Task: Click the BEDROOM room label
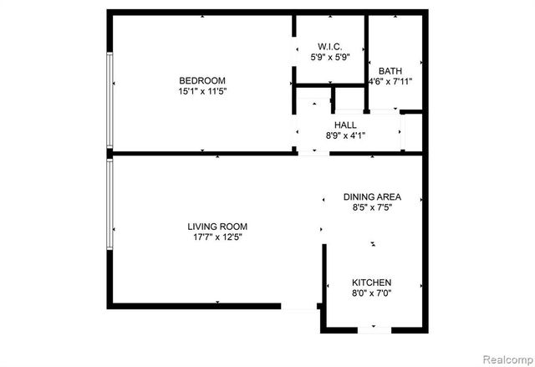pyautogui.click(x=202, y=80)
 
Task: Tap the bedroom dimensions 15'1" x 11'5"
pyautogui.click(x=202, y=91)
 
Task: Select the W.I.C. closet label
pyautogui.click(x=330, y=46)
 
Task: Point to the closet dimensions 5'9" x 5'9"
pyautogui.click(x=330, y=57)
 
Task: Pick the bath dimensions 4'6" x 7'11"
pyautogui.click(x=390, y=82)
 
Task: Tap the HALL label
pyautogui.click(x=345, y=125)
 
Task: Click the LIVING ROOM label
pyautogui.click(x=217, y=227)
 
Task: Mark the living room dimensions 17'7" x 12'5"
pyautogui.click(x=217, y=237)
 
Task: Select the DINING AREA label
pyautogui.click(x=372, y=197)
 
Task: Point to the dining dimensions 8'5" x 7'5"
pyautogui.click(x=372, y=208)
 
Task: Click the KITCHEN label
pyautogui.click(x=371, y=283)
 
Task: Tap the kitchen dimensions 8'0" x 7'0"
pyautogui.click(x=371, y=293)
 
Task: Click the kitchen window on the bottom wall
pyautogui.click(x=374, y=329)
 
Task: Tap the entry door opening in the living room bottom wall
pyautogui.click(x=298, y=307)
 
